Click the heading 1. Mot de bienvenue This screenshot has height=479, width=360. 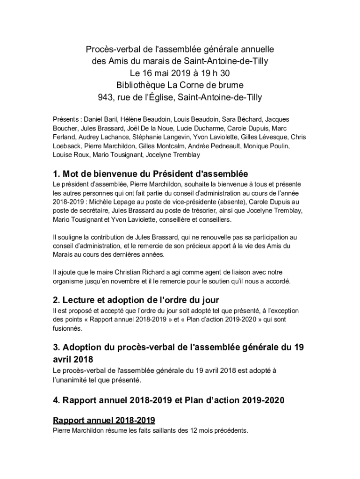pyautogui.click(x=108, y=174)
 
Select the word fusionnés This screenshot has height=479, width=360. pyautogui.click(x=68, y=328)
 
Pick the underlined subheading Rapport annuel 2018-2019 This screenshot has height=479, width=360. pyautogui.click(x=104, y=420)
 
